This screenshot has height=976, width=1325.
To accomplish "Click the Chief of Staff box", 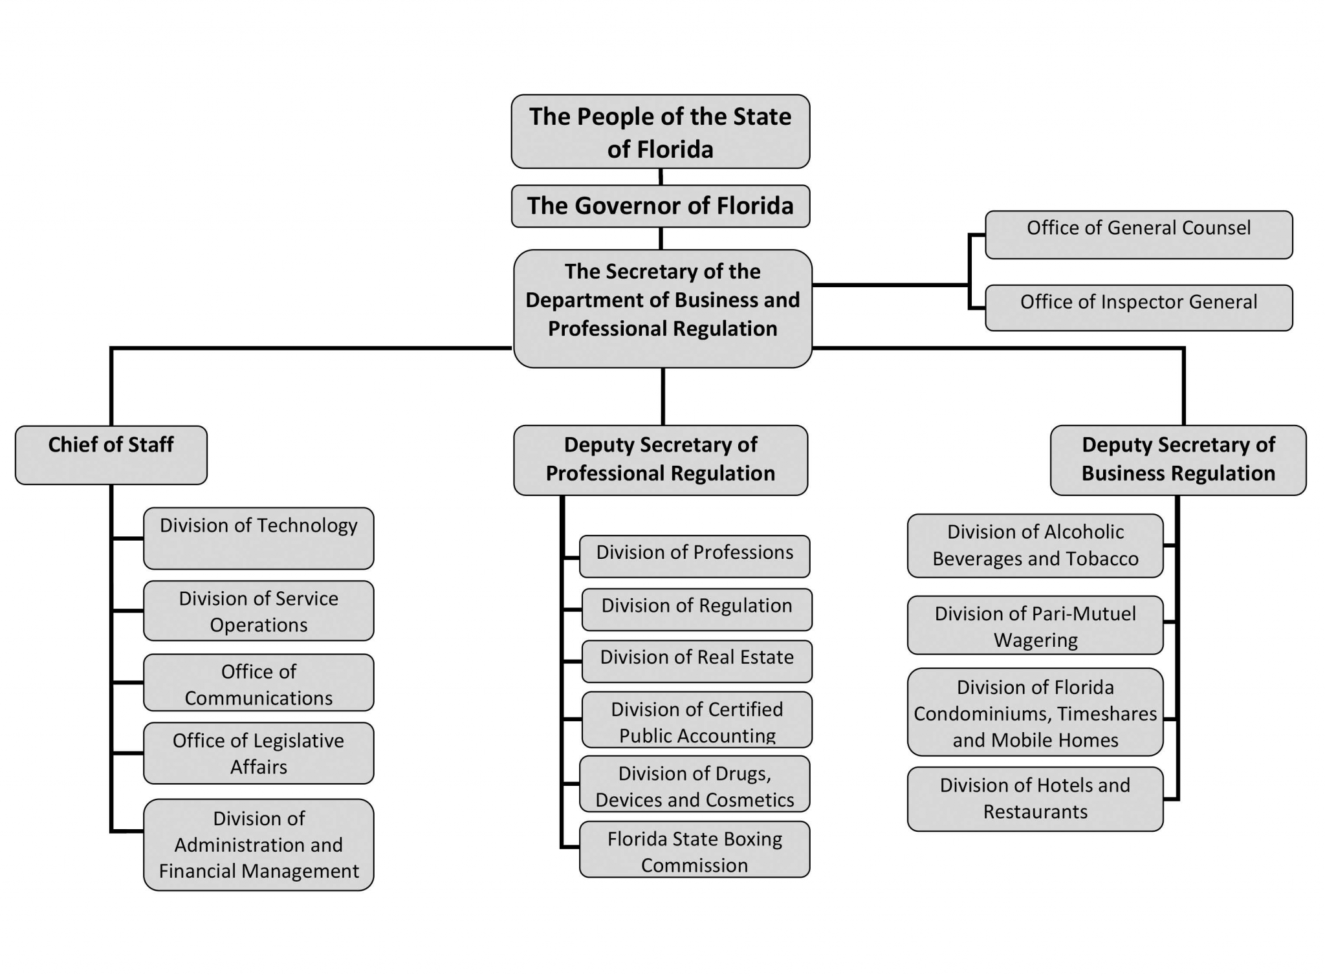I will [x=111, y=455].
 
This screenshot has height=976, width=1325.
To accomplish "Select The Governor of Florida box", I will [x=660, y=206].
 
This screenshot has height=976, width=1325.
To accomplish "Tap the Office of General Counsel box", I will [x=1138, y=234].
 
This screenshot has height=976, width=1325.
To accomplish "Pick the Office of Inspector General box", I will [x=1138, y=307].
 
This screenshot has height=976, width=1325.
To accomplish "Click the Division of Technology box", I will [x=258, y=537].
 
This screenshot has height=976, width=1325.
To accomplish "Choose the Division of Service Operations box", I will [x=258, y=611].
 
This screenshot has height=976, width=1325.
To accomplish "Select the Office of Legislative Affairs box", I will [x=258, y=753].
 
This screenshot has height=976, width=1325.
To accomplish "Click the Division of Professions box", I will [x=694, y=556].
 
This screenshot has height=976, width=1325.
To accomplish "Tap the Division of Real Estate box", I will [x=696, y=660].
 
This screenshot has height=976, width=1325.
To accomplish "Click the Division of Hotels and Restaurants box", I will [x=1035, y=798].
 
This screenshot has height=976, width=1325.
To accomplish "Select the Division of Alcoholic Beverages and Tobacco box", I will [x=1035, y=545].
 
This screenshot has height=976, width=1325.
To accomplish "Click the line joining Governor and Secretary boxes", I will [x=661, y=238].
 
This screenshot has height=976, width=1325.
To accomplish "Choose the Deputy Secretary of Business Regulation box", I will [x=1177, y=460].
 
